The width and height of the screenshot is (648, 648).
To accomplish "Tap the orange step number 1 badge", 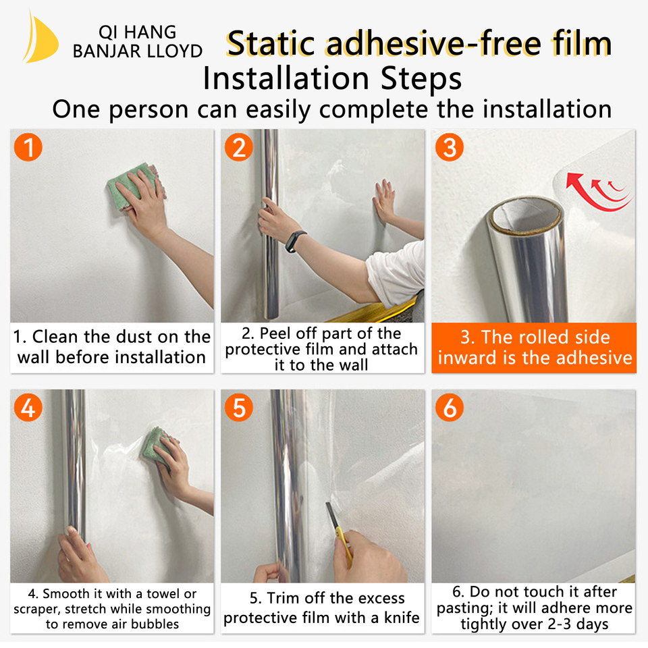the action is tap(28, 147).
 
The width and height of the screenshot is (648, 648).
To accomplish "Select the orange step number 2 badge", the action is tap(239, 147).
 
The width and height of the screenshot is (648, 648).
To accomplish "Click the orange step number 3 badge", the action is tap(450, 147).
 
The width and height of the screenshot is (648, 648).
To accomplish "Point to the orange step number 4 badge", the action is tap(28, 408).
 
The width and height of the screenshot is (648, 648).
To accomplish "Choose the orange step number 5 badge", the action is tap(239, 408).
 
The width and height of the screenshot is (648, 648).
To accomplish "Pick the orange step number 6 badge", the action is tap(450, 408).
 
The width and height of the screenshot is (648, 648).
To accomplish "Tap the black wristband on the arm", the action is tap(295, 242).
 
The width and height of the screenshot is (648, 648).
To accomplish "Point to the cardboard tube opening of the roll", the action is tap(525, 217).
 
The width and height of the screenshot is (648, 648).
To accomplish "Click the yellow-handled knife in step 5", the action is tap(339, 533).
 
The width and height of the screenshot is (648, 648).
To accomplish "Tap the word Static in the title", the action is tap(271, 44).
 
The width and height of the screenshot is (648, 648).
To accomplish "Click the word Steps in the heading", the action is tap(421, 78).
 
